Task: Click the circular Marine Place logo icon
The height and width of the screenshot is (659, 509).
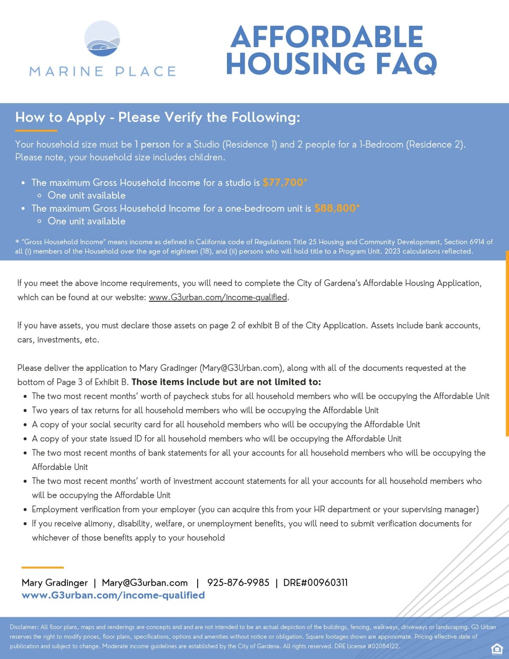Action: pos(102,39)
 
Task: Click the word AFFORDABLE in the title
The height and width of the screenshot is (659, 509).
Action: pos(327,37)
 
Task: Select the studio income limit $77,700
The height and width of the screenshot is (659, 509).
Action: pos(283,182)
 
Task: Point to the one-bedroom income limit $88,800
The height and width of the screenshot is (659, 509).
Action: pos(335,208)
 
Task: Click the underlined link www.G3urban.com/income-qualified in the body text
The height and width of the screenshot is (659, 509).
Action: pos(218,297)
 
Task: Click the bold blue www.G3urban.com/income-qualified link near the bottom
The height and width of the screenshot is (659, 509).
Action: pos(113,595)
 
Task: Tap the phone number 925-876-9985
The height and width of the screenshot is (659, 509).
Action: pos(238,583)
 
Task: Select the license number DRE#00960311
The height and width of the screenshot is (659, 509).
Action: pos(315,583)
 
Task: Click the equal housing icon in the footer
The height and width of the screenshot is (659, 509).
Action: pos(496,648)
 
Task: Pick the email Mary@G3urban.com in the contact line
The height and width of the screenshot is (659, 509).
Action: pos(145,583)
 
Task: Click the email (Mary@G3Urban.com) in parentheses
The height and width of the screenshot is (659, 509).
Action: pos(241,368)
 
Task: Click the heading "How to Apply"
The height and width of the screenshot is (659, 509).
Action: pos(60,117)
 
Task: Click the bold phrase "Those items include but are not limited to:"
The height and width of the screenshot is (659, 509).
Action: pos(226,382)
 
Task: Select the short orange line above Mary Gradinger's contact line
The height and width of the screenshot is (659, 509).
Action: pos(42,567)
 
